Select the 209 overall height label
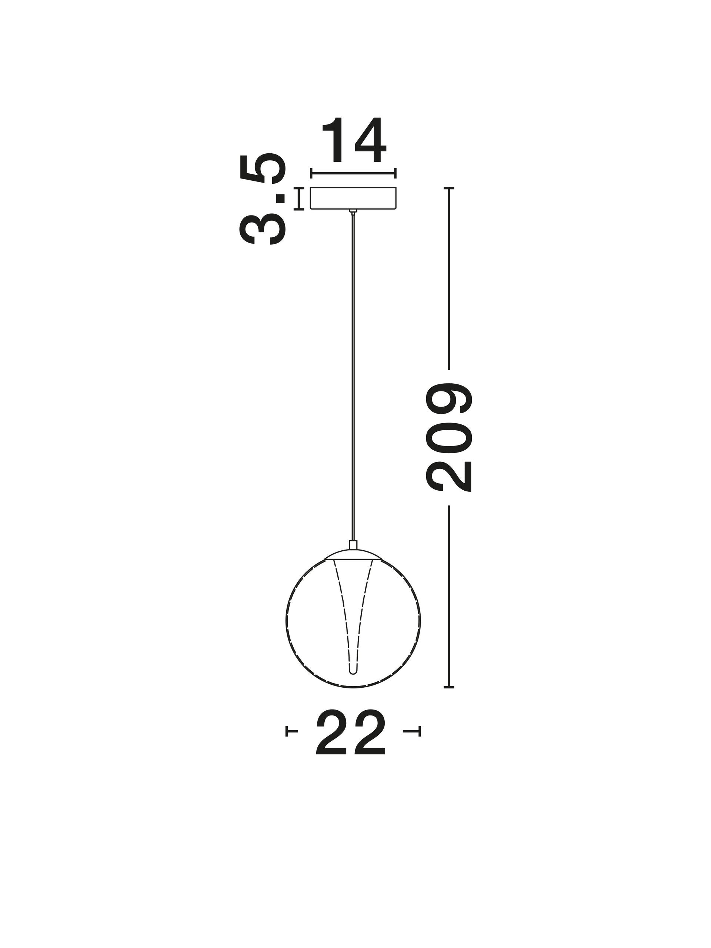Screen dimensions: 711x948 pyautogui.click(x=448, y=437)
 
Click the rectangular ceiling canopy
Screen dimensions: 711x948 pyautogui.click(x=353, y=198)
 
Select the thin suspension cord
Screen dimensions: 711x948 pyautogui.click(x=353, y=377)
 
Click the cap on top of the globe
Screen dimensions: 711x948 pyautogui.click(x=353, y=552)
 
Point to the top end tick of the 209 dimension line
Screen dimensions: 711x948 pyautogui.click(x=448, y=188)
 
